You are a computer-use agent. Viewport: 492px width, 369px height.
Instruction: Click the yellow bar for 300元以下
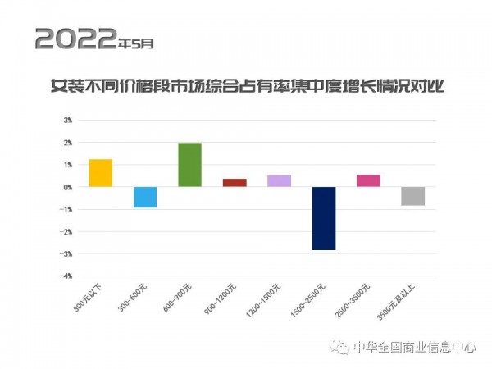pyautogui.click(x=100, y=173)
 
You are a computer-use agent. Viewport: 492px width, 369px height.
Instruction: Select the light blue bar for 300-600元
pyautogui.click(x=145, y=197)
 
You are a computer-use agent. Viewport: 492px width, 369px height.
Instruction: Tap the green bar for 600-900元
pyautogui.click(x=189, y=165)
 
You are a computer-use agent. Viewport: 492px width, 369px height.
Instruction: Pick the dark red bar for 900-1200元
pyautogui.click(x=235, y=183)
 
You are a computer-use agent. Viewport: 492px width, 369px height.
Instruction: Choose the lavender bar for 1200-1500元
pyautogui.click(x=279, y=181)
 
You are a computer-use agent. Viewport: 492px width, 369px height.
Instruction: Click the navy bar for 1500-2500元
pyautogui.click(x=324, y=218)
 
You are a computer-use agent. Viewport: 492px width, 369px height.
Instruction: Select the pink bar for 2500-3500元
pyautogui.click(x=368, y=181)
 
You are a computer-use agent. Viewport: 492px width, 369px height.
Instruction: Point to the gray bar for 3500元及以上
pyautogui.click(x=413, y=196)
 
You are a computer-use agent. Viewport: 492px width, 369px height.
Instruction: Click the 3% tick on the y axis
pyautogui.click(x=69, y=120)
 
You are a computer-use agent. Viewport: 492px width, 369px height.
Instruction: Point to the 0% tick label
pyautogui.click(x=69, y=187)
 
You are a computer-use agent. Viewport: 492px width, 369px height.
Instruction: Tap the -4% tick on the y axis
pyautogui.click(x=67, y=276)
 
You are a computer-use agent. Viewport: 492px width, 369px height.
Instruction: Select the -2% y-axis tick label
pyautogui.click(x=67, y=232)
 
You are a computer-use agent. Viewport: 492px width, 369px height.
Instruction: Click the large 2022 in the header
pyautogui.click(x=75, y=38)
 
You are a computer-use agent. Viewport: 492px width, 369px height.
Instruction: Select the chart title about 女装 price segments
pyautogui.click(x=247, y=84)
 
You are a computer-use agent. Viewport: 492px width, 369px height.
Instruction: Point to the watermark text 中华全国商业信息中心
pyautogui.click(x=414, y=347)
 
